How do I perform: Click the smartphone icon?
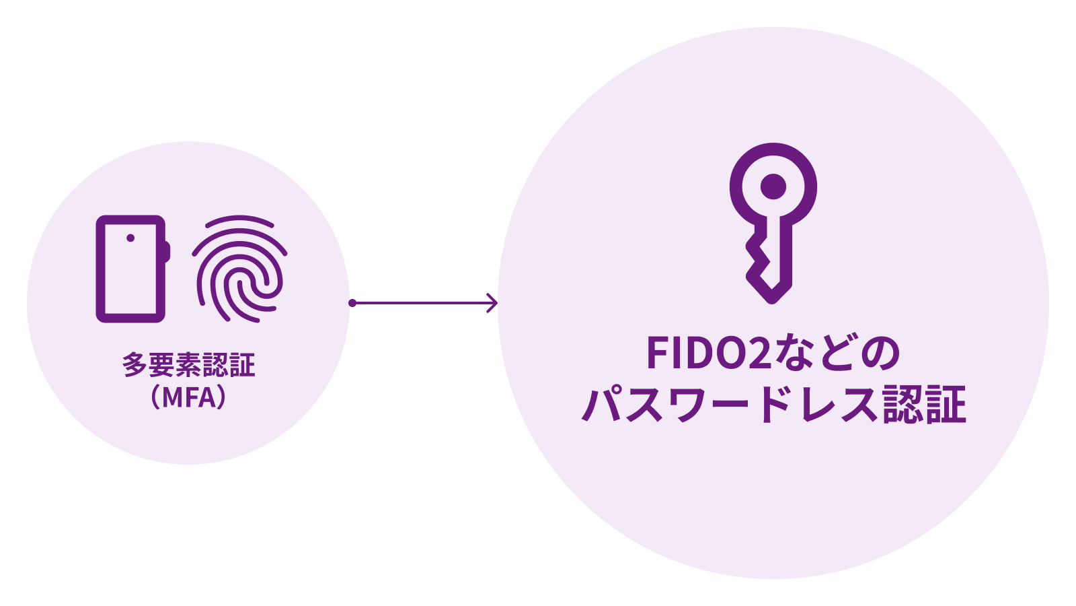point(133,269)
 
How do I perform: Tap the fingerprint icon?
point(239,269)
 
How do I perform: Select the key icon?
point(773,224)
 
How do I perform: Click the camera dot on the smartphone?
point(130,238)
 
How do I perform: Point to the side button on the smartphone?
point(167,252)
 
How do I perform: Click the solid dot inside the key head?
point(773,187)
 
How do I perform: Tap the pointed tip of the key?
point(771,302)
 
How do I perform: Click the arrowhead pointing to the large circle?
point(492,303)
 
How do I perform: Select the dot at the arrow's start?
point(352,303)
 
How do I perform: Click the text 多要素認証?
point(188,364)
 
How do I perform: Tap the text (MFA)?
point(188,398)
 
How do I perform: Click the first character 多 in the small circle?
point(135,364)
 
